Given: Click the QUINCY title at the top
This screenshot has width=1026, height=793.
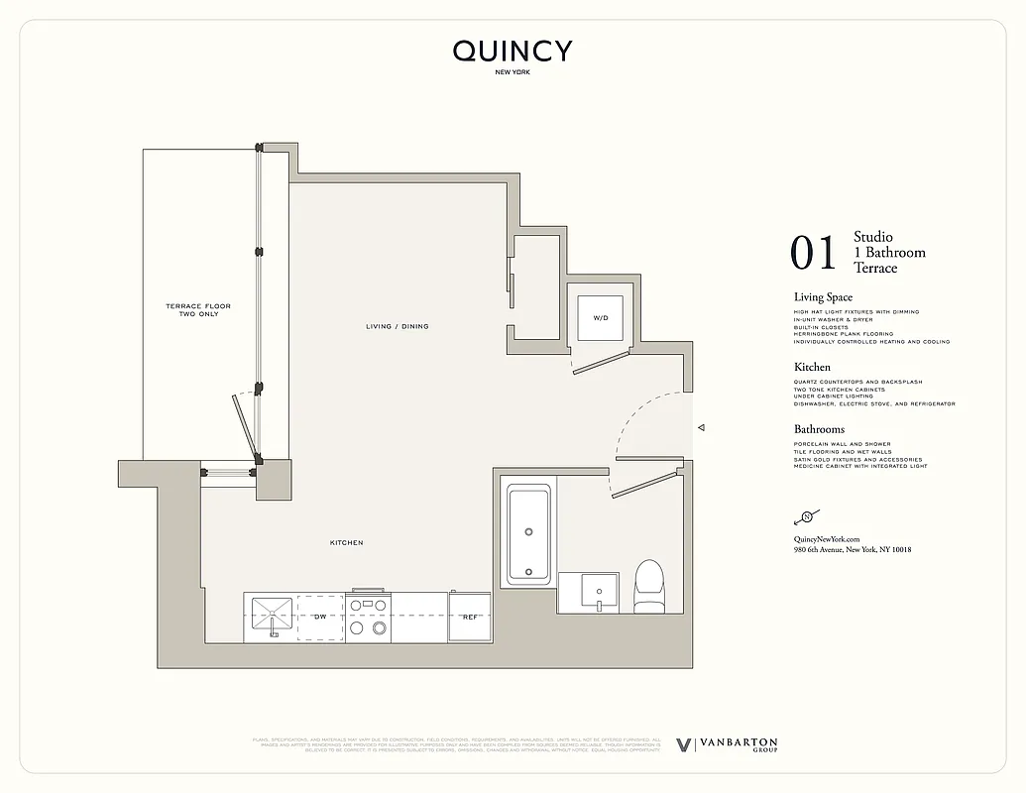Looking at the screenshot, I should pyautogui.click(x=513, y=52).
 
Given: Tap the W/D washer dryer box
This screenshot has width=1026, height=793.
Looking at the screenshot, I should pyautogui.click(x=601, y=318).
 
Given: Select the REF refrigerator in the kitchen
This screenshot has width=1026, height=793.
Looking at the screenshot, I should pyautogui.click(x=470, y=617).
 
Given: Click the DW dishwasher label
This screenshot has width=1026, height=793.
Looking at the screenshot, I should pyautogui.click(x=320, y=617).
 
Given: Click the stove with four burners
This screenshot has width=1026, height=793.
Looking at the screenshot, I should pyautogui.click(x=368, y=617).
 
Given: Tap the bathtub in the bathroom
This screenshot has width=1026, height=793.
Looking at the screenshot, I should pyautogui.click(x=528, y=533).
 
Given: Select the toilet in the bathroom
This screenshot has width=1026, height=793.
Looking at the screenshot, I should pyautogui.click(x=648, y=584).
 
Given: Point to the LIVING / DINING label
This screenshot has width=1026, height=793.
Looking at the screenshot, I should pyautogui.click(x=397, y=326).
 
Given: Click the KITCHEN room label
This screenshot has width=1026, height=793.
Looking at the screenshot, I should pyautogui.click(x=347, y=543).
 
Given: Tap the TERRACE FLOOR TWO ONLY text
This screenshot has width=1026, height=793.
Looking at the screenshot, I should pyautogui.click(x=198, y=309).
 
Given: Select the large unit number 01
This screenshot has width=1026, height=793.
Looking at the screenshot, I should pyautogui.click(x=814, y=253).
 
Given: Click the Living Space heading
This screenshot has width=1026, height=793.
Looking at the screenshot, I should pyautogui.click(x=823, y=297).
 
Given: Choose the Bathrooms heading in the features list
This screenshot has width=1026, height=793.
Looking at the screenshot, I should pyautogui.click(x=820, y=429).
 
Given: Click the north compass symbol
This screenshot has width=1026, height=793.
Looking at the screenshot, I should pyautogui.click(x=807, y=516).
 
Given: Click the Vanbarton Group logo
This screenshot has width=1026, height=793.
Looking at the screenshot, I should pyautogui.click(x=727, y=745).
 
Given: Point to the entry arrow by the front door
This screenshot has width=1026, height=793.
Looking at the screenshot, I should pyautogui.click(x=701, y=428).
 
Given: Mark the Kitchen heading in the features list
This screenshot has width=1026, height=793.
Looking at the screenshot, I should pyautogui.click(x=812, y=367).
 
